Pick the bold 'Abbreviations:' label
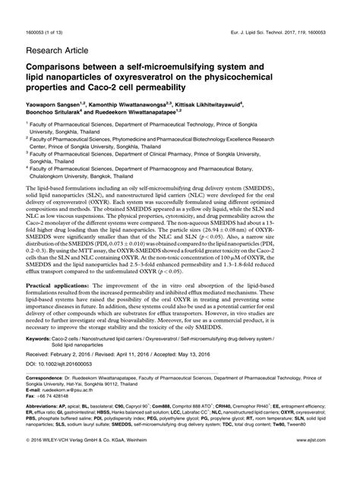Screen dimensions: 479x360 pyautogui.click(x=42, y=449)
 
